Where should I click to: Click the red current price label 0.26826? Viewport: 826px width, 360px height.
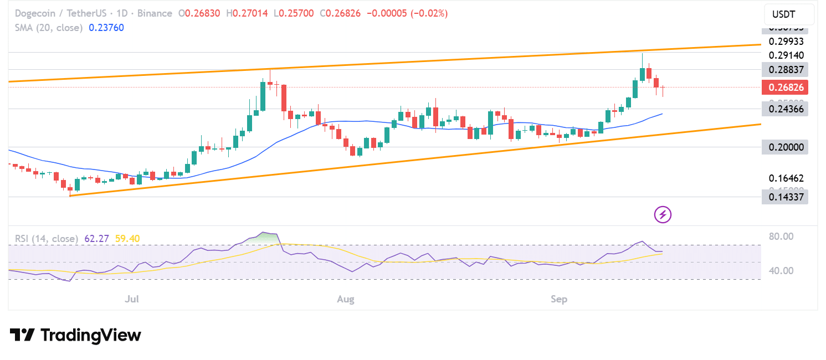click(x=784, y=87)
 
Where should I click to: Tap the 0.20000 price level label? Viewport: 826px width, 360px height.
click(x=784, y=147)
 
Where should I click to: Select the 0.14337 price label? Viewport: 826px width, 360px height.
click(x=784, y=197)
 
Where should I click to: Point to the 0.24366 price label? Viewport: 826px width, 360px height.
click(x=784, y=109)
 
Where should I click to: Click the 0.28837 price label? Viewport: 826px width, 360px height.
click(x=784, y=69)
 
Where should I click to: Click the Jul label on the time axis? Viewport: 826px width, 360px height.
click(x=132, y=300)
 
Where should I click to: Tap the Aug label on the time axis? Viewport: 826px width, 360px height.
click(x=346, y=300)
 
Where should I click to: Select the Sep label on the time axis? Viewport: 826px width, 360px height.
click(x=559, y=300)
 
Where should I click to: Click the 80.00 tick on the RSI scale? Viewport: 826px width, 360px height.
click(x=782, y=236)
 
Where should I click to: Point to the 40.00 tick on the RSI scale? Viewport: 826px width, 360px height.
click(x=782, y=271)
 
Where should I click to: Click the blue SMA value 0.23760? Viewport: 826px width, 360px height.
click(x=106, y=28)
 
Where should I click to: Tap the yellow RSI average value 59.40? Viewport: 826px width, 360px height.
click(x=127, y=239)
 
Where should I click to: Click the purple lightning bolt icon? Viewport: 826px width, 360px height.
click(x=663, y=214)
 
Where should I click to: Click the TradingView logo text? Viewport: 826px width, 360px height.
click(x=91, y=335)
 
